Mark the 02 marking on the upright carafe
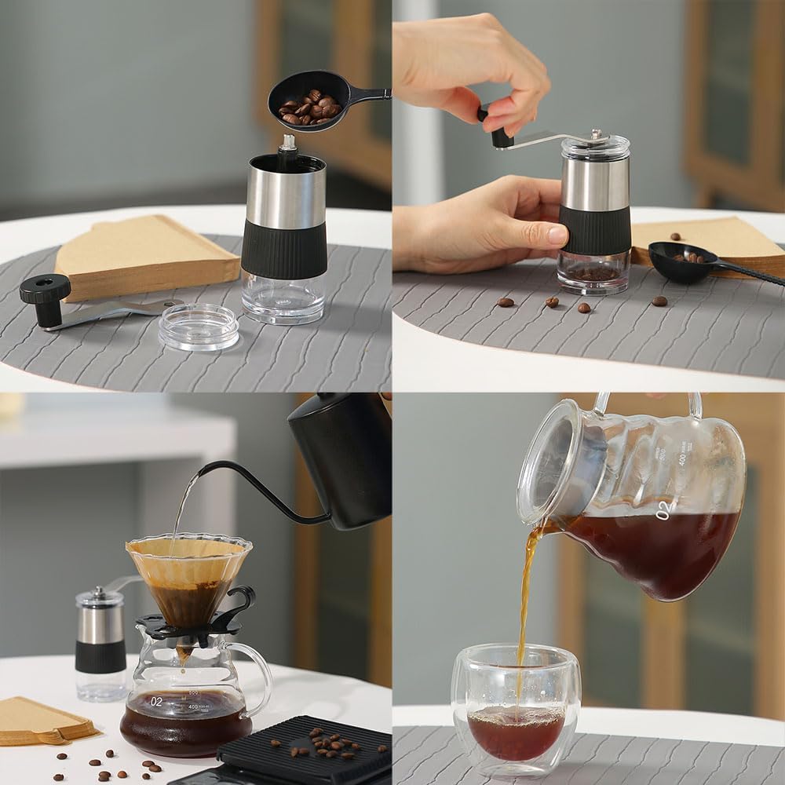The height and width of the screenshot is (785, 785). click(157, 701)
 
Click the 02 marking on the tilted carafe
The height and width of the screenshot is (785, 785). click(663, 510)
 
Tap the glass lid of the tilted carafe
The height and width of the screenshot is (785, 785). click(557, 463)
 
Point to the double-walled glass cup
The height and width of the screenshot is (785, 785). click(516, 706)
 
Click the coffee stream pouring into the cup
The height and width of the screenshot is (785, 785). click(524, 597)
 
